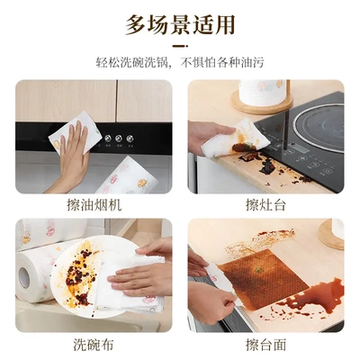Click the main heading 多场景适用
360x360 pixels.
pos(180,24)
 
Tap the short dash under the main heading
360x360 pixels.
pos(180,46)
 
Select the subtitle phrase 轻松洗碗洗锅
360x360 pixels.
pos(135,63)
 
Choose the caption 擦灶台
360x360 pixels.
pos(265,205)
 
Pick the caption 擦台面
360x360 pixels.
pos(265,344)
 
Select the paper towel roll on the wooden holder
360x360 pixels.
pos(262,93)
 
